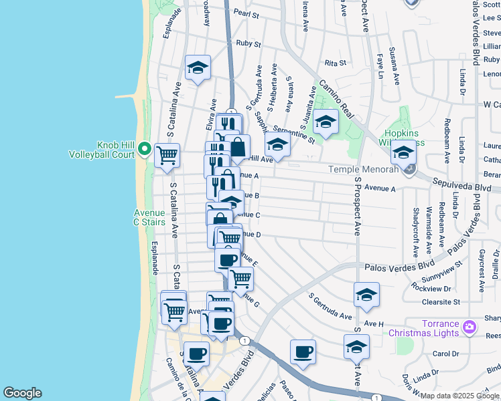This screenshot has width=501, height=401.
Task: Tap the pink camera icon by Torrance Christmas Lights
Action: pyautogui.click(x=469, y=327)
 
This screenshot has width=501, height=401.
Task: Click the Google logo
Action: pyautogui.click(x=22, y=393)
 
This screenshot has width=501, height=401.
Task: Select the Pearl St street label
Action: pyautogui.click(x=246, y=13)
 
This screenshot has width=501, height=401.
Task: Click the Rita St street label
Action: pyautogui.click(x=334, y=63)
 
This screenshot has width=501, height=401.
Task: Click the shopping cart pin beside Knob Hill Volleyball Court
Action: pyautogui.click(x=167, y=156)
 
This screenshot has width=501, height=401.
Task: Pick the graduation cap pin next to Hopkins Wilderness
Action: pyautogui.click(x=403, y=153)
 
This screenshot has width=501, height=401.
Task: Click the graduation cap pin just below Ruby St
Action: pyautogui.click(x=198, y=68)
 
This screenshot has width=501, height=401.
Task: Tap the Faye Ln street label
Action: pyautogui.click(x=379, y=66)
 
